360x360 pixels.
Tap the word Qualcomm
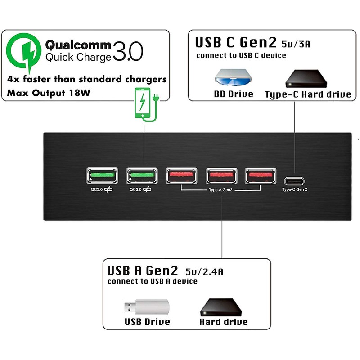coord(78,45)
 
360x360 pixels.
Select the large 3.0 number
coord(128,51)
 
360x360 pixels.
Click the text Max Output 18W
coord(49,93)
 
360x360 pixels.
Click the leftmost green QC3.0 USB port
coord(102,176)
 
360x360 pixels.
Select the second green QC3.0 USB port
coord(142,176)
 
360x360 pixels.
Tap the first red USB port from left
coord(182,176)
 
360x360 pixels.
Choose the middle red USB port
coord(221,176)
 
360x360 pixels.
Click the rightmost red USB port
coord(261,176)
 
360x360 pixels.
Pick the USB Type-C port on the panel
coord(294,181)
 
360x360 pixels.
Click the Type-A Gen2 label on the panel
coord(220,190)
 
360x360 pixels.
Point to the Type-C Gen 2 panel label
coord(295,189)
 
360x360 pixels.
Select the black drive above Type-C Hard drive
coord(306,78)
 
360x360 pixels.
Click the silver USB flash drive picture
coord(147,307)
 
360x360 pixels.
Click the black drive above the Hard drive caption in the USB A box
coord(221,307)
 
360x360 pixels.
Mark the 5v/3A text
coord(296,44)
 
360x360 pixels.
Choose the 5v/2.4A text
coord(204,272)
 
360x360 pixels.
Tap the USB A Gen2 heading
coord(143,270)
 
